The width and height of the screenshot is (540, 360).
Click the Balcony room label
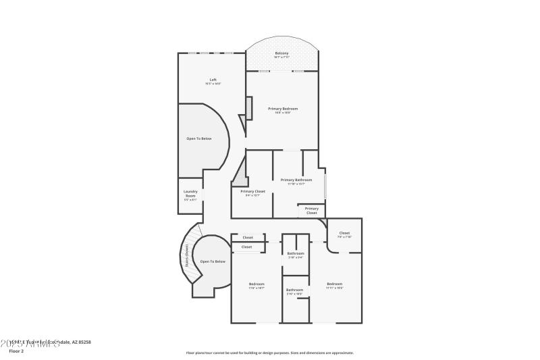(x=281, y=53)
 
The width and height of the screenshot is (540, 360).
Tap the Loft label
(x=213, y=80)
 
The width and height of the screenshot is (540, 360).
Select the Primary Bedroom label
(x=282, y=109)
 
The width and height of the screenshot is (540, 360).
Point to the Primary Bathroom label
(x=296, y=180)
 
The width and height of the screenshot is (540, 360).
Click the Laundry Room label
(x=190, y=193)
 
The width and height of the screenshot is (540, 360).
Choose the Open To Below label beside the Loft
(x=199, y=138)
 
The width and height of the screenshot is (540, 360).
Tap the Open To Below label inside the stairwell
(x=213, y=261)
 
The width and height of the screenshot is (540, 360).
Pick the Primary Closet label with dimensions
(x=253, y=192)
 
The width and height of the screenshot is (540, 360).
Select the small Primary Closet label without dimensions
(x=311, y=211)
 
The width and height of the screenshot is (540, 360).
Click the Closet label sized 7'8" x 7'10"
(x=344, y=234)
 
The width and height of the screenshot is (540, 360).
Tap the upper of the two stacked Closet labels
(x=248, y=238)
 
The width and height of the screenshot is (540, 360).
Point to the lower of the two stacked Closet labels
(x=247, y=247)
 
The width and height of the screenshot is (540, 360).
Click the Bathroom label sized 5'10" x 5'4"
(x=296, y=254)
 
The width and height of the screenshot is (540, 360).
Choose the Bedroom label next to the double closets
(x=256, y=284)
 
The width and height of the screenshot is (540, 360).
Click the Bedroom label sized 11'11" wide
(x=335, y=284)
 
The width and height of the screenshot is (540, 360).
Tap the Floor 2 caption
(x=16, y=351)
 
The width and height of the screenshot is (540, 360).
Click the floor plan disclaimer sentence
(x=270, y=353)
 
